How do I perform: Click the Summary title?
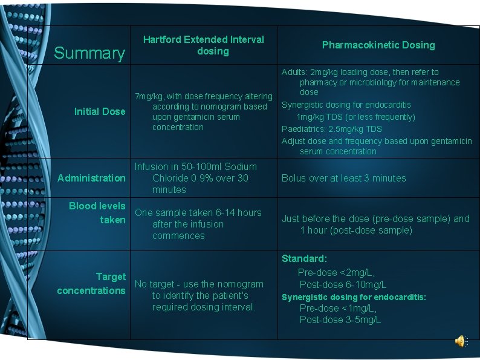[89, 53]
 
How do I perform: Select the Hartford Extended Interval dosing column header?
[204, 45]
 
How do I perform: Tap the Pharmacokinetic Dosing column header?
[378, 45]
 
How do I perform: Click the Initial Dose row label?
[100, 111]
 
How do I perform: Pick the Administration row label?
[91, 178]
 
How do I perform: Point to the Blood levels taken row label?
[97, 213]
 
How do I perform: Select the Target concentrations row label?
[91, 284]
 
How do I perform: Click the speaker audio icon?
[461, 341]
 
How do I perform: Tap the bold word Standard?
[304, 258]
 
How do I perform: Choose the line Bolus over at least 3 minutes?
[343, 178]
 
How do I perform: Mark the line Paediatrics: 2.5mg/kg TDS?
[332, 129]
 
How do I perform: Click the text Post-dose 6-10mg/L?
[343, 284]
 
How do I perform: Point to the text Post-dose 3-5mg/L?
[340, 319]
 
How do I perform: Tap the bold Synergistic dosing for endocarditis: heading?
[354, 297]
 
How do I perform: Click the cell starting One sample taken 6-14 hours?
[198, 224]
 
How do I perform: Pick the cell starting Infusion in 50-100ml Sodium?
[196, 178]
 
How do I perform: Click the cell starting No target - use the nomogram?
[199, 295]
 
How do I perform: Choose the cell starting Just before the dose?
[375, 224]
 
